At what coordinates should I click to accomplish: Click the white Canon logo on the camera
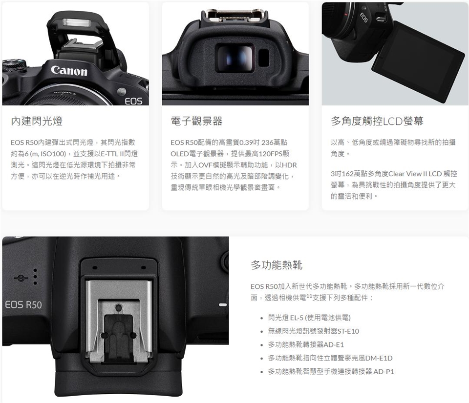pos(69,70)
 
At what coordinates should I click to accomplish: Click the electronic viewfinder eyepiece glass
pos(235,58)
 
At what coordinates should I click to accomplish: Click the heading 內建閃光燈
pos(37,121)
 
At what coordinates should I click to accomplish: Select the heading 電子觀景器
pos(196,121)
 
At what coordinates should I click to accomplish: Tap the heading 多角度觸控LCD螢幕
pos(377,121)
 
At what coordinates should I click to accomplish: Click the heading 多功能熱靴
pos(277,265)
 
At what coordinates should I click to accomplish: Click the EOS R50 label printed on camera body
pos(23,305)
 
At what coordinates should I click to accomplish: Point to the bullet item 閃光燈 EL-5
pos(309,318)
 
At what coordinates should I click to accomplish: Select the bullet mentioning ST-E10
pos(314,331)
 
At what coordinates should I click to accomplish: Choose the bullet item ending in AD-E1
pos(306,344)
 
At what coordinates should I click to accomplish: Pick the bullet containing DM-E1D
pos(330,358)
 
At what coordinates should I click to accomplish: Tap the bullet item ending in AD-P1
pos(331,371)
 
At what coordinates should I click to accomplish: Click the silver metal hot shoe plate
pos(119,320)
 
